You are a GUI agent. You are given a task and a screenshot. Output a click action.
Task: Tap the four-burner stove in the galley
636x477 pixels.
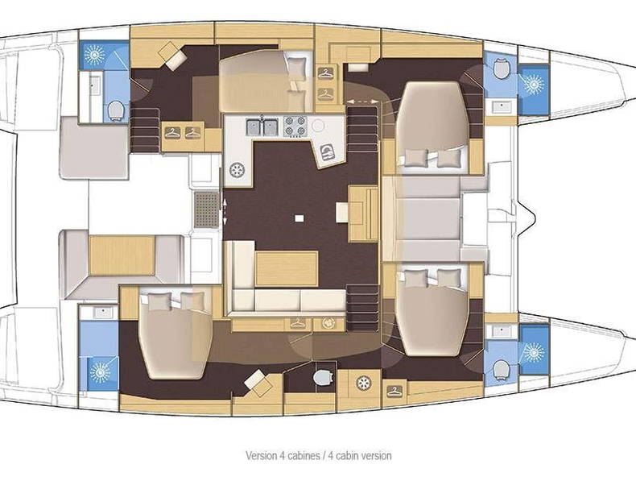tap(294, 126)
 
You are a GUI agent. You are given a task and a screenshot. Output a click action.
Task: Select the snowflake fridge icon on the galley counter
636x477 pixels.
tap(237, 170)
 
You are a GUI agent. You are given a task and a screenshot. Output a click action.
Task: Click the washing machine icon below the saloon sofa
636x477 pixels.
tap(328, 323)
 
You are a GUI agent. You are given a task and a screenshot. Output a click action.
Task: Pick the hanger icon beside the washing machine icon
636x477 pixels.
tap(298, 323)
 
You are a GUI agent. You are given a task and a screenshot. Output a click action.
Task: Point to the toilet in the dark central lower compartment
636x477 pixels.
tap(322, 377)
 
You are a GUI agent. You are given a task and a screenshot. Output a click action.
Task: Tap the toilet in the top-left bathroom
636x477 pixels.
tap(116, 109)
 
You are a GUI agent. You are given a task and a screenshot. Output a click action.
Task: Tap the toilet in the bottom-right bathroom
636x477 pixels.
tap(501, 367)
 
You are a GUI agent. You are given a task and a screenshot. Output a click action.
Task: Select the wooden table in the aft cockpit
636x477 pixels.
tap(121, 255)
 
